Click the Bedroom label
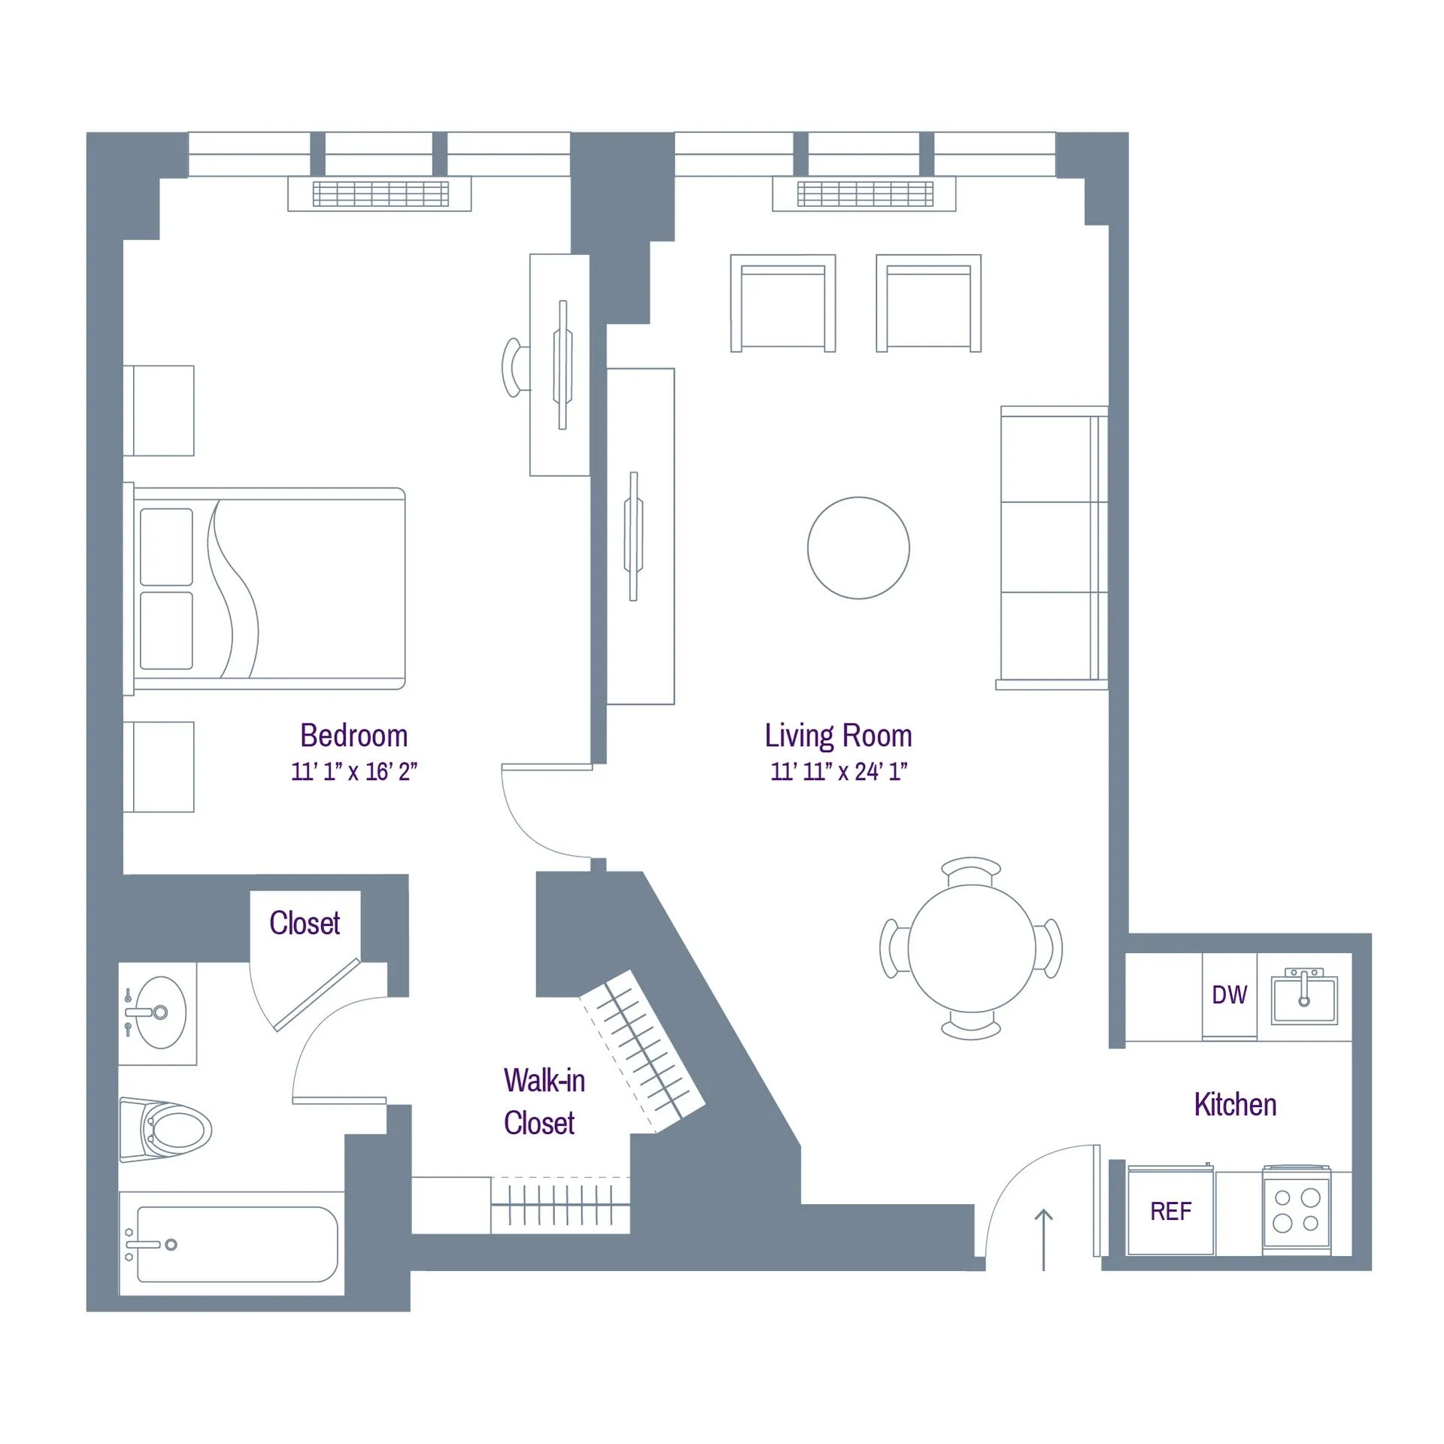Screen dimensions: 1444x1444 [x=353, y=736]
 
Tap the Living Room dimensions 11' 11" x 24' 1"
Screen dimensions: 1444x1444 [x=839, y=772]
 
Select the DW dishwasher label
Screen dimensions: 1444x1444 [x=1229, y=995]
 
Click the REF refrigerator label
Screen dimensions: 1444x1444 [x=1170, y=1212]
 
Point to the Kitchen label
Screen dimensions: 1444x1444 [x=1235, y=1105]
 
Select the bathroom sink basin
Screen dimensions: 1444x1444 [x=159, y=1012]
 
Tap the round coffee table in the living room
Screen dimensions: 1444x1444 [x=858, y=548]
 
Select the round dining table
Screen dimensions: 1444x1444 [x=972, y=948]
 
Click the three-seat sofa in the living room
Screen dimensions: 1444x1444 [x=1053, y=548]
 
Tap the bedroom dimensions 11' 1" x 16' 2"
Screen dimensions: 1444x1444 [x=353, y=772]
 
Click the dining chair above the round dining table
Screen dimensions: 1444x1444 [x=971, y=870]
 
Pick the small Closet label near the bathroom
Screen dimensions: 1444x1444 [x=305, y=924]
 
